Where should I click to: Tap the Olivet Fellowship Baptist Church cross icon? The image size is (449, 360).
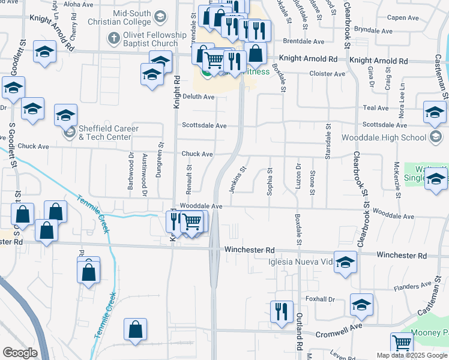click(x=113, y=38)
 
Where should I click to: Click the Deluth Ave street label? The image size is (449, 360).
click(x=198, y=97)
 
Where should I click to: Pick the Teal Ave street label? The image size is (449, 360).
click(x=376, y=108)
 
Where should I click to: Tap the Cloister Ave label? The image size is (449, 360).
click(x=327, y=74)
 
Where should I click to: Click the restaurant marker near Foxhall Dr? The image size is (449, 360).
click(x=282, y=312)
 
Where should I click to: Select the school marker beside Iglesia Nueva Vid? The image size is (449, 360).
click(x=345, y=262)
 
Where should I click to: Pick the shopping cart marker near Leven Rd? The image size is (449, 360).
click(x=402, y=343)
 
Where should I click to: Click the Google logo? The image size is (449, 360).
click(x=20, y=353)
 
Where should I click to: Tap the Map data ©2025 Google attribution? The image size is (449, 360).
click(x=411, y=355)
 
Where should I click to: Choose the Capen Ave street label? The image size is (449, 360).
click(x=403, y=17)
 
